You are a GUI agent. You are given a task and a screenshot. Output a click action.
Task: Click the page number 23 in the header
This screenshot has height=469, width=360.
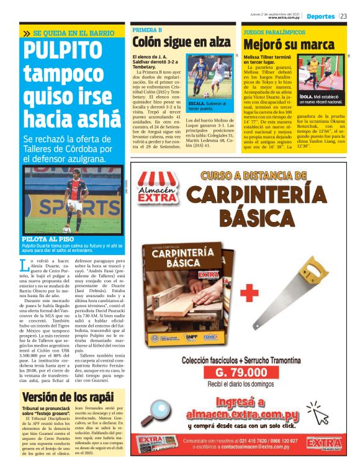click(344, 16)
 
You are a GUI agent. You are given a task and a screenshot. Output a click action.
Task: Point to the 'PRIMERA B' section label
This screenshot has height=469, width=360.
click(148, 29)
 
